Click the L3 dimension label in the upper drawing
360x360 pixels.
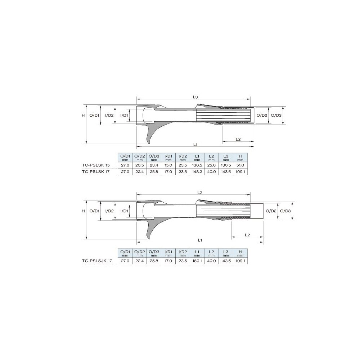pyautogui.click(x=195, y=97)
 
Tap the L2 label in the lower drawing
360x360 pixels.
pyautogui.click(x=247, y=235)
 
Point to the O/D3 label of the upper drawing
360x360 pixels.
pyautogui.click(x=276, y=115)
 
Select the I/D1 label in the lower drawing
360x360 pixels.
pyautogui.click(x=124, y=211)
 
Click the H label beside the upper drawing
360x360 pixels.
pyautogui.click(x=84, y=115)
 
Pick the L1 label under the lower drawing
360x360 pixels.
pyautogui.click(x=200, y=240)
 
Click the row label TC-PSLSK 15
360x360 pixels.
pyautogui.click(x=96, y=165)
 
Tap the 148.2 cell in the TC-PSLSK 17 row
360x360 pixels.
pyautogui.click(x=197, y=171)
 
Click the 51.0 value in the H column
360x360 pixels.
pyautogui.click(x=240, y=165)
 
